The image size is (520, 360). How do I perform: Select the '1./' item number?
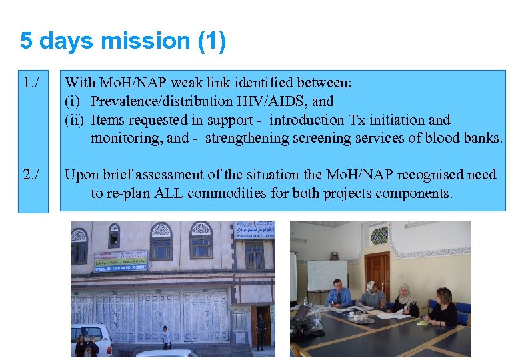[x=31, y=83]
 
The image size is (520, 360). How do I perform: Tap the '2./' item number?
[x=31, y=175]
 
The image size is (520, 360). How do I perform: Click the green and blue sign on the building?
[x=120, y=261]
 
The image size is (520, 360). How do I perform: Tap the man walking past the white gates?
[x=166, y=337]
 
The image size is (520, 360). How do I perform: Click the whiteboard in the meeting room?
[x=327, y=275]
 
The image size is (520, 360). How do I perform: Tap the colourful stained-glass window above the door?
[x=379, y=235]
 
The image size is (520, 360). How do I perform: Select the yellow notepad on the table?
[x=421, y=323]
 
